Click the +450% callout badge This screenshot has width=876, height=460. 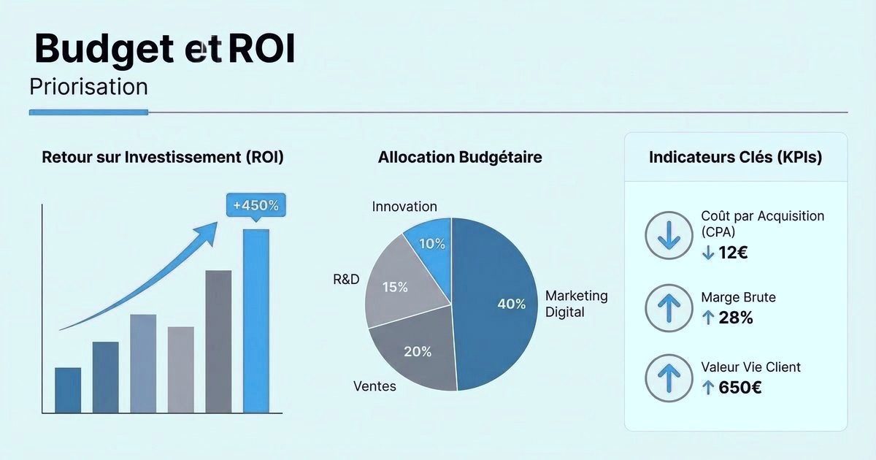click(x=255, y=205)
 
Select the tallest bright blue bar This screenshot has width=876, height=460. click(x=255, y=321)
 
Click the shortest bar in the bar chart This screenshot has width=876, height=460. click(x=68, y=390)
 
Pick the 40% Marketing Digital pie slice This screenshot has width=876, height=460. click(x=496, y=307)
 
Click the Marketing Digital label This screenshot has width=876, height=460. click(x=576, y=304)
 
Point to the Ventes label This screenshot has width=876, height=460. click(x=374, y=386)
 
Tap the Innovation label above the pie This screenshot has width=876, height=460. click(x=404, y=207)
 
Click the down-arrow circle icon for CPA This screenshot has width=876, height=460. click(x=668, y=237)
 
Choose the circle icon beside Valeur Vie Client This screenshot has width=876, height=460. click(x=668, y=377)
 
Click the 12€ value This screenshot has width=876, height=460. click(x=733, y=253)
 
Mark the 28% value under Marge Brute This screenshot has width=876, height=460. click(x=736, y=318)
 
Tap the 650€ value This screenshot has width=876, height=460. click(x=739, y=388)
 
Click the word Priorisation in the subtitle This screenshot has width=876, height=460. click(x=88, y=87)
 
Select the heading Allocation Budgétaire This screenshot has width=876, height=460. click(x=460, y=157)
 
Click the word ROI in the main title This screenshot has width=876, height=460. click(x=261, y=49)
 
